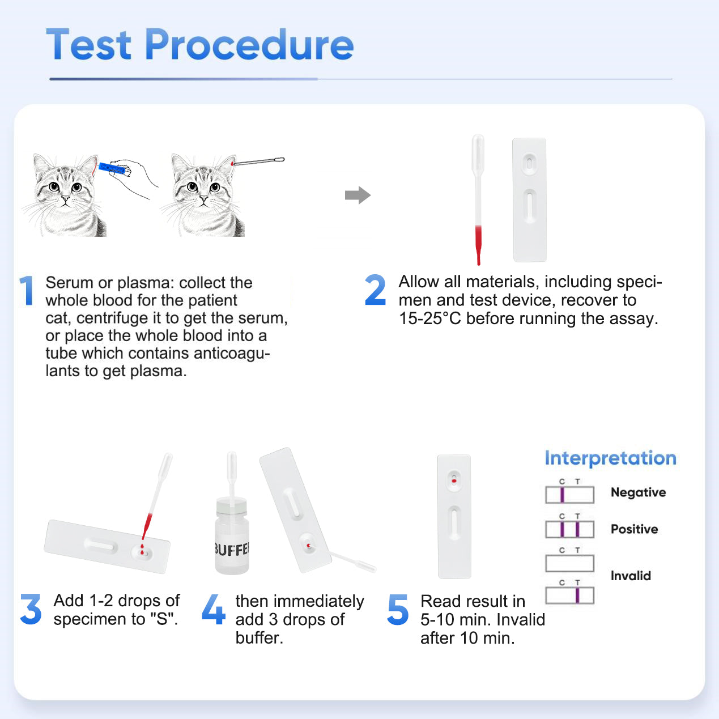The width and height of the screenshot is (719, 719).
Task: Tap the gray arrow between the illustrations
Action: coord(358,195)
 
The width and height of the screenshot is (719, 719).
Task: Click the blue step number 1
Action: coord(27,291)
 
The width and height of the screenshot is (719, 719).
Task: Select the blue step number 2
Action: coord(375,290)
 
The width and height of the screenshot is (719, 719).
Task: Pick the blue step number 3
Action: coord(31,610)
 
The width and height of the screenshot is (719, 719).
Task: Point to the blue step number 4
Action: coord(213,610)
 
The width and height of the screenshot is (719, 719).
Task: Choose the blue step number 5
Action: coord(398,610)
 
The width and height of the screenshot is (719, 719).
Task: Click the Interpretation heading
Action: coord(610,458)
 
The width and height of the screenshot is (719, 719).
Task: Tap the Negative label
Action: coord(638,492)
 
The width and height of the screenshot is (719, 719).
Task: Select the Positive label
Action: coord(634,529)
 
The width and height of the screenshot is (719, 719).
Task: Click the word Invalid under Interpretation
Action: coord(631,576)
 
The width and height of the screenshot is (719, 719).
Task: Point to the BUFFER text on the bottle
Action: coord(232,550)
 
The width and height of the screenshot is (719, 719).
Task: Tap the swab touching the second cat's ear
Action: coord(258,161)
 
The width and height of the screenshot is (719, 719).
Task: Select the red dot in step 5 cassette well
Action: coord(454,481)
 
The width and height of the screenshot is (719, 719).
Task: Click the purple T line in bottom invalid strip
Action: coord(577,595)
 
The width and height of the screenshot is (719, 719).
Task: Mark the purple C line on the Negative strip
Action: coord(562,495)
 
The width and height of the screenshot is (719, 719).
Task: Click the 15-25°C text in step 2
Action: coord(429,318)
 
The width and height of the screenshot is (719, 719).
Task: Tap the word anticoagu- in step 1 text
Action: coord(231,354)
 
